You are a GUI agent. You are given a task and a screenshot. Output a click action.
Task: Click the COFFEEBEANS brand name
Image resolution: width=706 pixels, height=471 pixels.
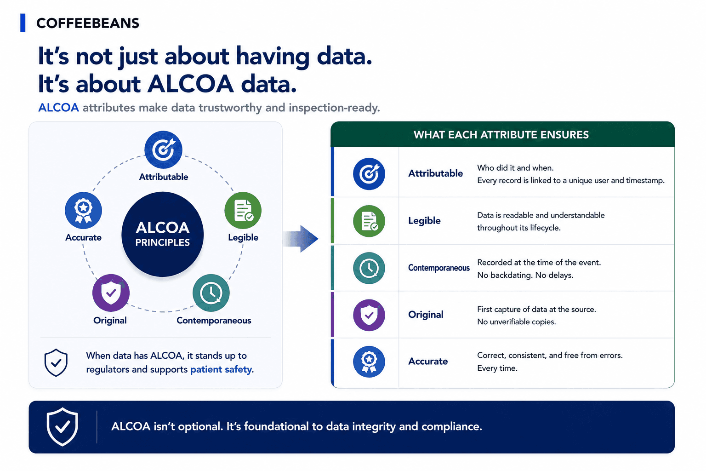point(88,23)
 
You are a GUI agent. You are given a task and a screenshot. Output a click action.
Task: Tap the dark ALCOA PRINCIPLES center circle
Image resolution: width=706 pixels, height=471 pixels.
point(163,235)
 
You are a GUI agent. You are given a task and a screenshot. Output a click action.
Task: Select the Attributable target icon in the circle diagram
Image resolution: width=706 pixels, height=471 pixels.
point(163,149)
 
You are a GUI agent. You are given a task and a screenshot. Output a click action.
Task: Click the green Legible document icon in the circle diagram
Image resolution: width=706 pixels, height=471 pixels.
point(243,210)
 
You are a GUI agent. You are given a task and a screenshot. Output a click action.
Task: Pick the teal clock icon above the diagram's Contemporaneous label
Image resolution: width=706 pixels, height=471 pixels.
point(211,293)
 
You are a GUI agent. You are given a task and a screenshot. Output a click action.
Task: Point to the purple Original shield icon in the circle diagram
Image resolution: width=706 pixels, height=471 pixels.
point(111,293)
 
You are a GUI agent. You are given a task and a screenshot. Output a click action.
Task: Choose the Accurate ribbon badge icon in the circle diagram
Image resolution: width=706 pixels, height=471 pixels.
point(83,210)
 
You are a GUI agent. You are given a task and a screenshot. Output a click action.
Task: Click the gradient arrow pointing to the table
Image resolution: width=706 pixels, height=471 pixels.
point(300,239)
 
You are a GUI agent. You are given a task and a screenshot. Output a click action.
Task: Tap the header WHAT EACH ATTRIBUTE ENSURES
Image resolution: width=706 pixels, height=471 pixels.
point(501,135)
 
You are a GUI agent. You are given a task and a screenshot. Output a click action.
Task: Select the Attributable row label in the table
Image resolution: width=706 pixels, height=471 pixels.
point(436,173)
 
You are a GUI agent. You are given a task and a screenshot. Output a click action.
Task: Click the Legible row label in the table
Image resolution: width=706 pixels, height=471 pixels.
point(424,220)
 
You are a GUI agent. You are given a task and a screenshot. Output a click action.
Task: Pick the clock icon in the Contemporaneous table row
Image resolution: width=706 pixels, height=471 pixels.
point(369,268)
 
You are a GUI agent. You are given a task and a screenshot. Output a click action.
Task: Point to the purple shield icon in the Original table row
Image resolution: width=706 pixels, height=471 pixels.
point(369,315)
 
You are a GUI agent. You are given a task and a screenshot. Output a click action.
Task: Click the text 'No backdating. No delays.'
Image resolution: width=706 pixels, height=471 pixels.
point(525,275)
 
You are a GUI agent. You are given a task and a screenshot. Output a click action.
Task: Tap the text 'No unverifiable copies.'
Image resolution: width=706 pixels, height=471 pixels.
point(516,322)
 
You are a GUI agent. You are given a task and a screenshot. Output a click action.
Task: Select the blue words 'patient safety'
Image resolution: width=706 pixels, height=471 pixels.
point(221,369)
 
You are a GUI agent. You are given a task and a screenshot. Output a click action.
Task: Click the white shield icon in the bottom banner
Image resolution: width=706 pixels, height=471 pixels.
point(63,427)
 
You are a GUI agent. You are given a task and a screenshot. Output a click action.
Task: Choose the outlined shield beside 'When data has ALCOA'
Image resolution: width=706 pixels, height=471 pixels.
point(56,363)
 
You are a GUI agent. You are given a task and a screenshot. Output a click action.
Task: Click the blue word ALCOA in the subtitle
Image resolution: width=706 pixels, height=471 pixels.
point(58,108)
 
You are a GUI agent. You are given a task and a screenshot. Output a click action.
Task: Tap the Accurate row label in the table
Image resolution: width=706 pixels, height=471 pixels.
point(428,361)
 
